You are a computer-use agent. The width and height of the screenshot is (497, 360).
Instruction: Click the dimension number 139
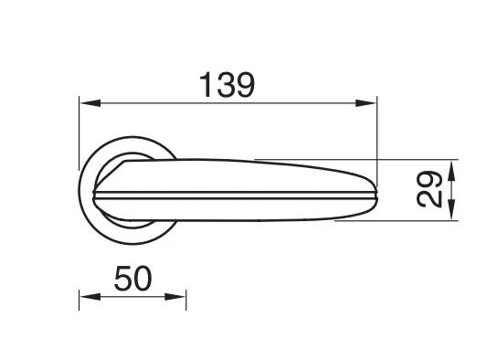pos(227,85)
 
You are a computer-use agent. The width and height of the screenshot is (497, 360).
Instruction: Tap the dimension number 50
pos(133,279)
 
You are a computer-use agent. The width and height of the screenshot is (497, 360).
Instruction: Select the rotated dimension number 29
pos(429,189)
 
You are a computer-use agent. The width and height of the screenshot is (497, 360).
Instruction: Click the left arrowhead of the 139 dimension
pos(90,103)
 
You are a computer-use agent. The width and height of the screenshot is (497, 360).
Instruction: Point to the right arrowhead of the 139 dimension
pos(365,103)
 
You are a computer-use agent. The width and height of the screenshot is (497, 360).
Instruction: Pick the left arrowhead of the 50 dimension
pos(90,297)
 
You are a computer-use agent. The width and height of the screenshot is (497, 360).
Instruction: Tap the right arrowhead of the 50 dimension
pos(175,297)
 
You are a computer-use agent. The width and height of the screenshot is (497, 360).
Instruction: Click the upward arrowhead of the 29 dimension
pos(452,171)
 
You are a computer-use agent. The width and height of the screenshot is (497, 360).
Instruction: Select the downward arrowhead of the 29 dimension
pos(452,209)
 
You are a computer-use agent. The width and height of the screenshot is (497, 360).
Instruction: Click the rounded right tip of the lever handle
pos(376,191)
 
